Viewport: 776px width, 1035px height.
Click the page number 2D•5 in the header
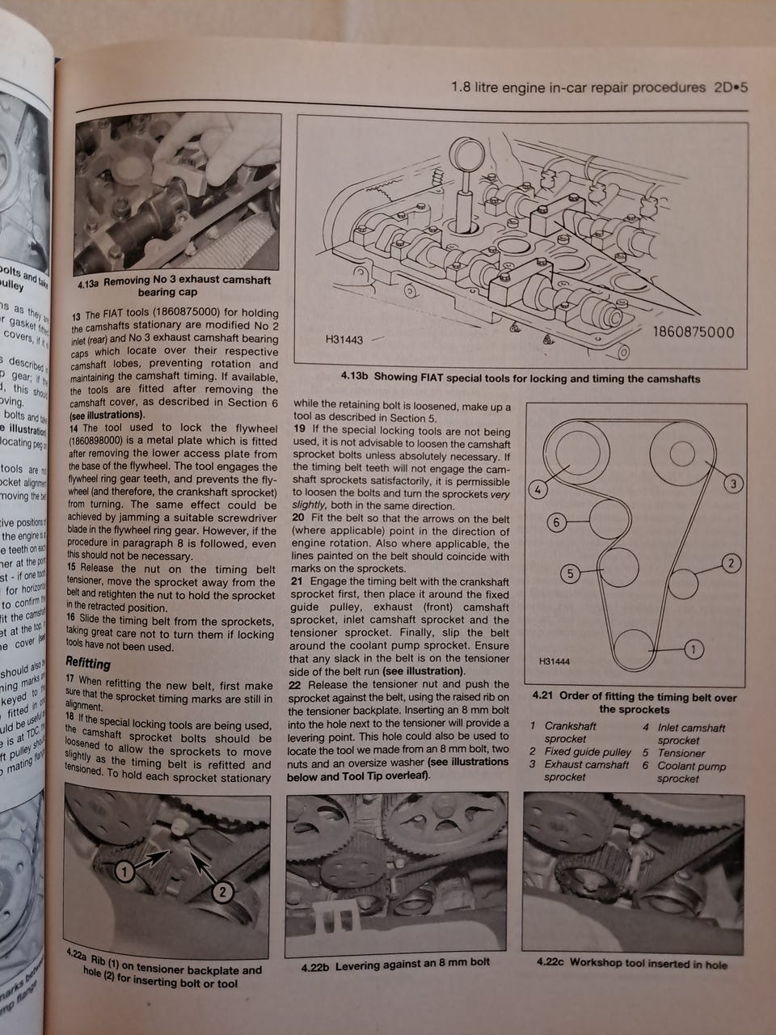pyautogui.click(x=729, y=87)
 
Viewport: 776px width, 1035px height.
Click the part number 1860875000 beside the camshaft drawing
pyautogui.click(x=693, y=332)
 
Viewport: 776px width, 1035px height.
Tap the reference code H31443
pyautogui.click(x=344, y=340)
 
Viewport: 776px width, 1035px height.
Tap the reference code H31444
pyautogui.click(x=554, y=661)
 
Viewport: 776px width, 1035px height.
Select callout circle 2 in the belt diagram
pyautogui.click(x=730, y=564)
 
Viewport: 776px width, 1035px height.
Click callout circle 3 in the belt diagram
pyautogui.click(x=732, y=484)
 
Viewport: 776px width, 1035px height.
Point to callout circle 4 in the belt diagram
pyautogui.click(x=536, y=489)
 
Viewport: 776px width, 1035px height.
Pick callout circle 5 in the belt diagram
pyautogui.click(x=570, y=574)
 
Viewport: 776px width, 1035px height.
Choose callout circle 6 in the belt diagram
pyautogui.click(x=556, y=522)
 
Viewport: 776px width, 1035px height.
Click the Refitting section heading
pyautogui.click(x=87, y=664)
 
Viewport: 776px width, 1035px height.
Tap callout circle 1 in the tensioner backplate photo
pyautogui.click(x=124, y=871)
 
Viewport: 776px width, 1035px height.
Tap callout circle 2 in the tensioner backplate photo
pyautogui.click(x=222, y=892)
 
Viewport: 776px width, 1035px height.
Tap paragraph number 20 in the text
pyautogui.click(x=297, y=517)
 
